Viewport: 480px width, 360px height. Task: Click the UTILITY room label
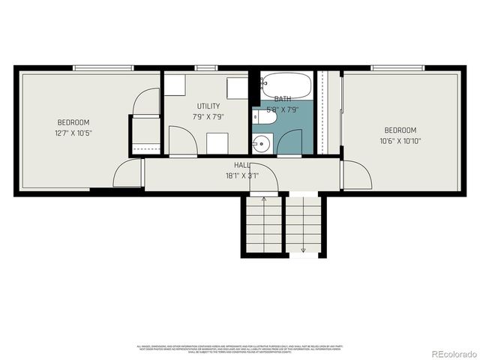pyautogui.click(x=208, y=106)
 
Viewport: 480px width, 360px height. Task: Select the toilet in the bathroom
pyautogui.click(x=265, y=117)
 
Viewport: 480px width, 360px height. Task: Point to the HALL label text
pyautogui.click(x=241, y=165)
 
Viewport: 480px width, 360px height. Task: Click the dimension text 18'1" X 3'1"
pyautogui.click(x=241, y=175)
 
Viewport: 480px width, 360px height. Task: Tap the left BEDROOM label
pyautogui.click(x=73, y=123)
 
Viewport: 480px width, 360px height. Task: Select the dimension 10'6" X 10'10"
pyautogui.click(x=400, y=139)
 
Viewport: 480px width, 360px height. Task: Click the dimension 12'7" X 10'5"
pyautogui.click(x=73, y=133)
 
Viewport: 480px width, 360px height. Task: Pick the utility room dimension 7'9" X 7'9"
pyautogui.click(x=208, y=117)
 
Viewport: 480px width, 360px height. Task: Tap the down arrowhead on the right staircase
pyautogui.click(x=304, y=250)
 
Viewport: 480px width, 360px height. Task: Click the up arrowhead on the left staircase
pyautogui.click(x=263, y=199)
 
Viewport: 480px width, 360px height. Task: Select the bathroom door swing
pyautogui.click(x=290, y=142)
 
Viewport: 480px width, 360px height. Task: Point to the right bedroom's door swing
pyautogui.click(x=357, y=175)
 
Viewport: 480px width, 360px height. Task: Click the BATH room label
pyautogui.click(x=283, y=99)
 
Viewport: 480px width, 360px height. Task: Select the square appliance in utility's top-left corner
pyautogui.click(x=175, y=85)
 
